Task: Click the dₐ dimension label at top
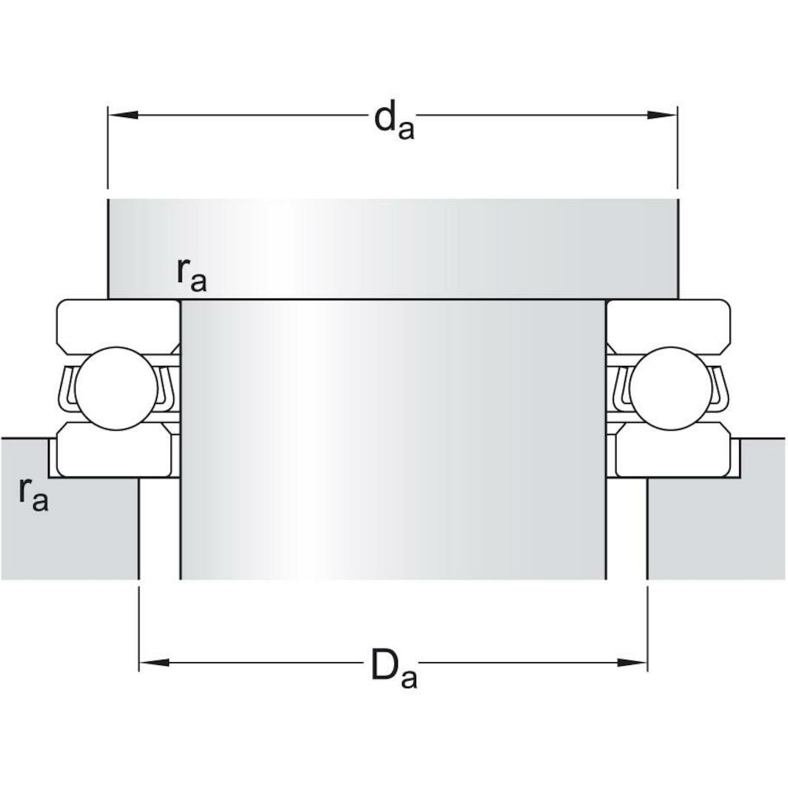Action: [x=393, y=121]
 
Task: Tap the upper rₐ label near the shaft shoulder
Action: [x=191, y=275]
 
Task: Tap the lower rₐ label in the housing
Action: [x=33, y=494]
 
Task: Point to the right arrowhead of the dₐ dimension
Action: [x=662, y=115]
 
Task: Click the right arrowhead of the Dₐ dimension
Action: [x=632, y=662]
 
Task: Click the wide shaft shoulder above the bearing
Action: [x=393, y=248]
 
